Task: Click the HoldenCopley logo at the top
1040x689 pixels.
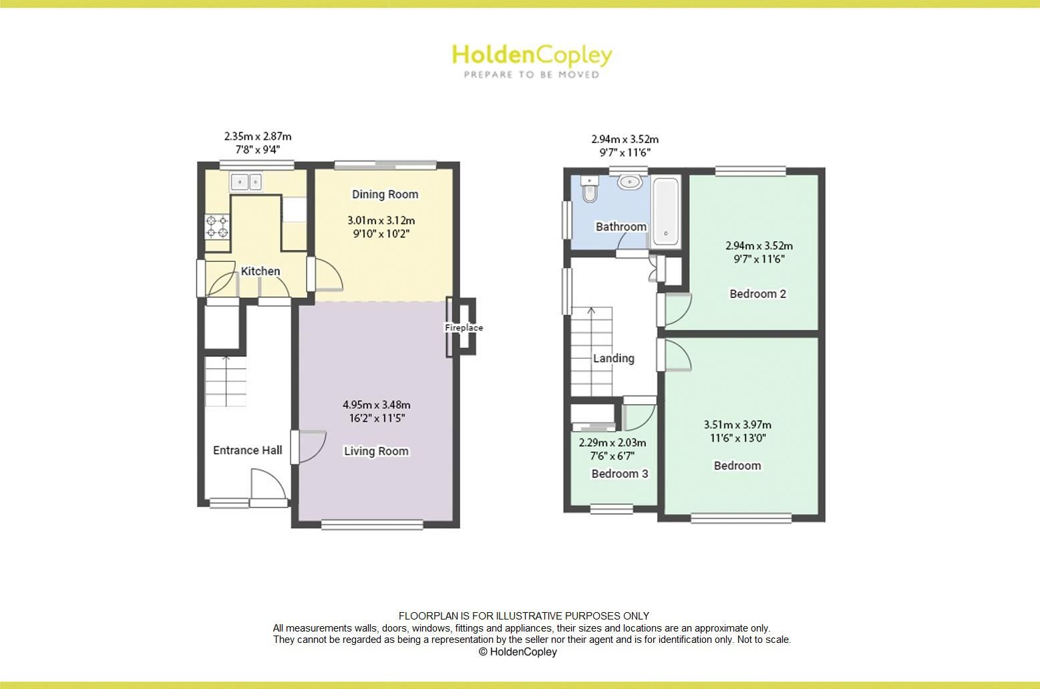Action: [532, 59]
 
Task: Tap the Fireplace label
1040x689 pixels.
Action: [464, 328]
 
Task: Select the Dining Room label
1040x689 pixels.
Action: [385, 194]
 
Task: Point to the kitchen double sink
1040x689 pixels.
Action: [247, 180]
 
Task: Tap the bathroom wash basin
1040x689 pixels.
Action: [630, 182]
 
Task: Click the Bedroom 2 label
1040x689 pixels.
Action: [757, 293]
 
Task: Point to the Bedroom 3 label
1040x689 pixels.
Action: [619, 474]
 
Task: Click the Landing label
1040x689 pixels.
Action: [613, 358]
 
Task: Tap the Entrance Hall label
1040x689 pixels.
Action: [247, 450]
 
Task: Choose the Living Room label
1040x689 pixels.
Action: [376, 451]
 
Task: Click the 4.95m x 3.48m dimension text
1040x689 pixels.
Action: [376, 405]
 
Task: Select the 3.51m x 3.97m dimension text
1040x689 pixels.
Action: [737, 425]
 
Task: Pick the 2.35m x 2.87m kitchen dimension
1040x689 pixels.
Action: [257, 137]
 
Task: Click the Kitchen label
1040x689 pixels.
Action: [260, 271]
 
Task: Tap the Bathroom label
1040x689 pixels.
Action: [621, 227]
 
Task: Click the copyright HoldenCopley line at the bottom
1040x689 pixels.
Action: [518, 652]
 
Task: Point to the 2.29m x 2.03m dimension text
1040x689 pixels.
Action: [612, 442]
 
